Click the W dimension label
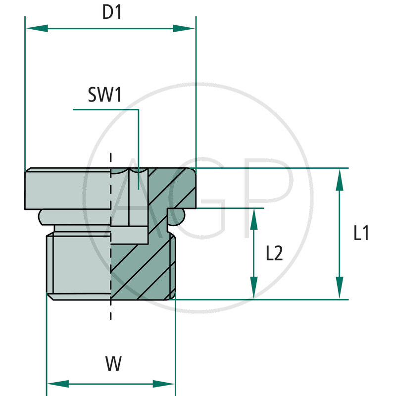[x=113, y=365]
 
